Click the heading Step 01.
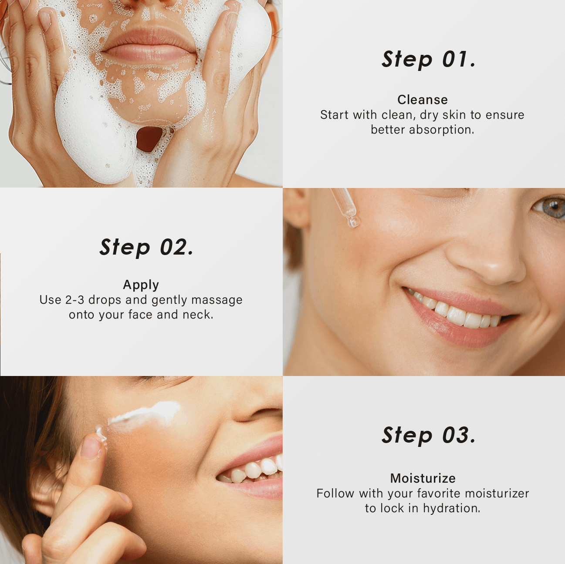(428, 60)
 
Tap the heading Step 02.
(146, 248)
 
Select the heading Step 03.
(428, 436)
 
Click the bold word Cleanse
(423, 100)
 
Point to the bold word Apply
(141, 285)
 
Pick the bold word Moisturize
(423, 478)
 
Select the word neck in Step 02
(198, 315)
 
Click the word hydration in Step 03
(452, 508)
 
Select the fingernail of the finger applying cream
(91, 447)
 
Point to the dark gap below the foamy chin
(149, 139)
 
